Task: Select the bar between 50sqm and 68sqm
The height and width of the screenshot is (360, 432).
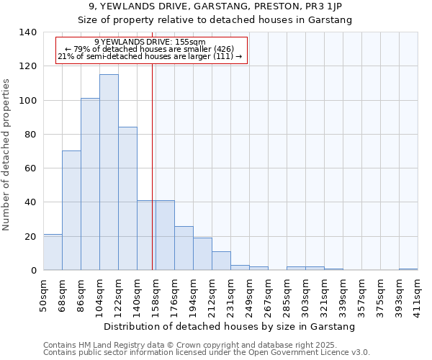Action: click(53, 252)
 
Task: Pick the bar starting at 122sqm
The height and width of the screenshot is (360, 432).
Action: click(127, 199)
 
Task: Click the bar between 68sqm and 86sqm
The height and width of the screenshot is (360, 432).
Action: click(71, 210)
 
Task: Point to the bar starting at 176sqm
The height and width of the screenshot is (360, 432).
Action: click(184, 248)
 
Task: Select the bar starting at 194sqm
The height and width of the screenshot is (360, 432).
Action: click(202, 254)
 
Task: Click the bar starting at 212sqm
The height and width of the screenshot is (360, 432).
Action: click(221, 261)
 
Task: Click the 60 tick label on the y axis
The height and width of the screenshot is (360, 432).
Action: click(30, 168)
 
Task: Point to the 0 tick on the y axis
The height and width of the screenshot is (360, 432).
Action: click(33, 271)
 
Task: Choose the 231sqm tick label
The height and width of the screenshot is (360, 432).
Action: click(230, 295)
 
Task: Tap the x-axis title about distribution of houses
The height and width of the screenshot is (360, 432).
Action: click(230, 327)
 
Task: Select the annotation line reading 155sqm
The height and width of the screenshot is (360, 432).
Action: click(150, 42)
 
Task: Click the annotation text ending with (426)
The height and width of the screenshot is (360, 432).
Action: click(150, 49)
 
